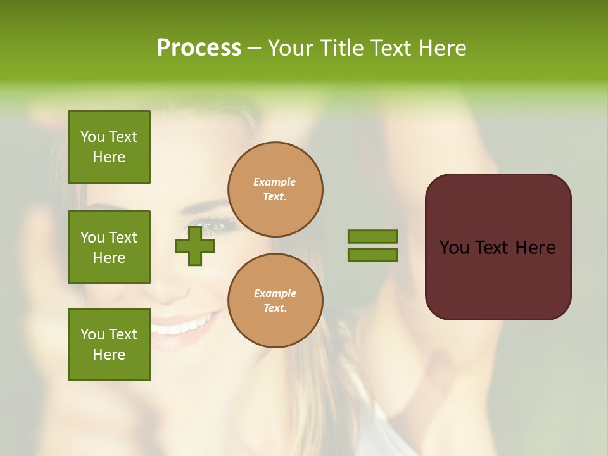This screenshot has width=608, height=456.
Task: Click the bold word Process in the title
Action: (x=199, y=48)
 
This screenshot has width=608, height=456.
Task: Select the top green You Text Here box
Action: (x=109, y=147)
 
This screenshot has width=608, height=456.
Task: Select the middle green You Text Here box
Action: (x=109, y=247)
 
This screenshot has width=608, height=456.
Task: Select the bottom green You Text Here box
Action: (x=109, y=345)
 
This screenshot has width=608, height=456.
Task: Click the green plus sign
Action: (x=195, y=246)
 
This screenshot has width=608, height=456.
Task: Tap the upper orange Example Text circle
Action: (x=275, y=189)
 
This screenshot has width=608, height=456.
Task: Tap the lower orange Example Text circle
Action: (x=275, y=301)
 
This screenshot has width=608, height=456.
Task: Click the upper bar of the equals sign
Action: (x=372, y=237)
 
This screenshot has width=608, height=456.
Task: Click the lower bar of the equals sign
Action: (x=372, y=255)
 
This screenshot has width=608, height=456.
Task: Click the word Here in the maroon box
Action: (x=535, y=248)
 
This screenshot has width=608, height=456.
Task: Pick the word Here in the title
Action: (x=441, y=48)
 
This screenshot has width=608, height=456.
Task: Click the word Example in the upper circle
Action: (x=275, y=182)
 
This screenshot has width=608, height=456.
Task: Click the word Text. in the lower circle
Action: (x=275, y=308)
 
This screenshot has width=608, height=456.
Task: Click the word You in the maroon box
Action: (x=455, y=248)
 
